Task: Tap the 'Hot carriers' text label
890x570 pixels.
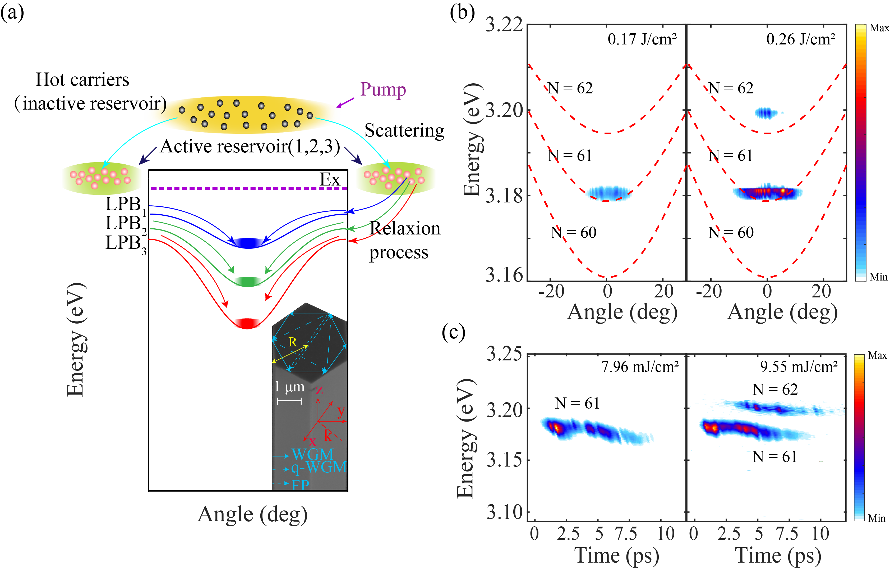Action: tap(82, 80)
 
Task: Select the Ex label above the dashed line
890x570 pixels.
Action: tap(329, 180)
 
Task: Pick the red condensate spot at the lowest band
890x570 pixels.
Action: tap(248, 323)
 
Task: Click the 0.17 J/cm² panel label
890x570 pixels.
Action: tap(642, 39)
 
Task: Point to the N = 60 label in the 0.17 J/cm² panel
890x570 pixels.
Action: tap(574, 232)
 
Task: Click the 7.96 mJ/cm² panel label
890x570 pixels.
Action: tap(640, 367)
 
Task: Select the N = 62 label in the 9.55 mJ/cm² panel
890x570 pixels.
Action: tap(775, 389)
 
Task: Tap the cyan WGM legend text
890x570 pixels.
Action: tap(312, 454)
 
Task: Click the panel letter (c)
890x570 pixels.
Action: tap(454, 332)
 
